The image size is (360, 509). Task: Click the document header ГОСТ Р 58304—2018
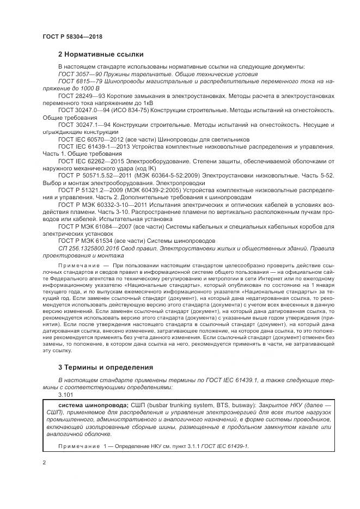[x=72, y=36]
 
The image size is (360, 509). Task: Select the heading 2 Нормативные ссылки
[x=101, y=54]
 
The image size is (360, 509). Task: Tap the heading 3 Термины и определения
[x=106, y=367]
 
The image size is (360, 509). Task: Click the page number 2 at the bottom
[x=45, y=462]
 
